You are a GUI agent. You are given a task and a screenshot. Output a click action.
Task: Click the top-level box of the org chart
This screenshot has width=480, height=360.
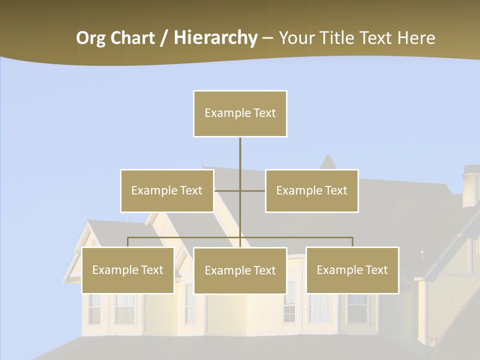(240, 113)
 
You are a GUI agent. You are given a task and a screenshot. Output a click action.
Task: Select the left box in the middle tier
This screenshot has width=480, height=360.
(167, 190)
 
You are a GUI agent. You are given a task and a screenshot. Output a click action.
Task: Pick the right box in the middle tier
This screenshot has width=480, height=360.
(311, 190)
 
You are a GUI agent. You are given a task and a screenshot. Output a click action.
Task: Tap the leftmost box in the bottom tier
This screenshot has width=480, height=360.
(128, 270)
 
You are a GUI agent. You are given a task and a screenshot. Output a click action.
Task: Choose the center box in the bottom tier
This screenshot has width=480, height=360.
(240, 270)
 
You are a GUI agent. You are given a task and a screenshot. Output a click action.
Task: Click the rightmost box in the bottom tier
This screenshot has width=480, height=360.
(352, 270)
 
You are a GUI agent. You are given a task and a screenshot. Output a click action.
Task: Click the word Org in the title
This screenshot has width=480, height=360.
(90, 38)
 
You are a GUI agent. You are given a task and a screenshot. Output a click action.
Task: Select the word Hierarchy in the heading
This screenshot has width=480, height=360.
(215, 38)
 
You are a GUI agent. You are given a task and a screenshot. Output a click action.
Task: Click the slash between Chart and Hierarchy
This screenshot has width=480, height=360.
(163, 38)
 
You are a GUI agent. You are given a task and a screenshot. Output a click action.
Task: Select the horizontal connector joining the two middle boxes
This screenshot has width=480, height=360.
(240, 190)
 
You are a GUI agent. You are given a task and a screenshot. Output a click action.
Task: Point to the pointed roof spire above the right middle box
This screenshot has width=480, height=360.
(328, 161)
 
